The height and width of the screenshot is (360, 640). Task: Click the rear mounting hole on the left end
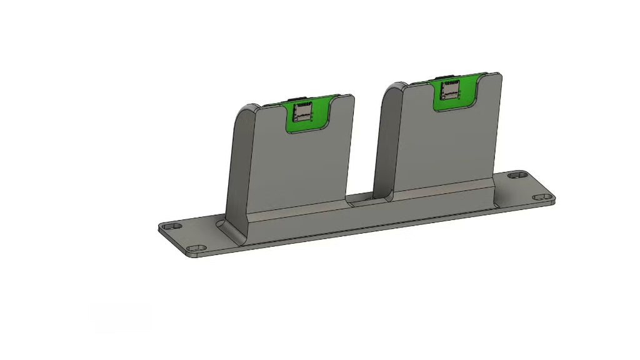tap(173, 226)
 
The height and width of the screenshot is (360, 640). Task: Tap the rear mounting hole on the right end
tap(516, 176)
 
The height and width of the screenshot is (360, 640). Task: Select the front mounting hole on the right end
tap(541, 197)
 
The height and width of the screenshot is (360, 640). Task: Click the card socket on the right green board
tap(449, 91)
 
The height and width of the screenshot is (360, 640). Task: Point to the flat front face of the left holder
tap(300, 169)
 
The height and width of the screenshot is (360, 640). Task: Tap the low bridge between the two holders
tap(362, 201)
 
